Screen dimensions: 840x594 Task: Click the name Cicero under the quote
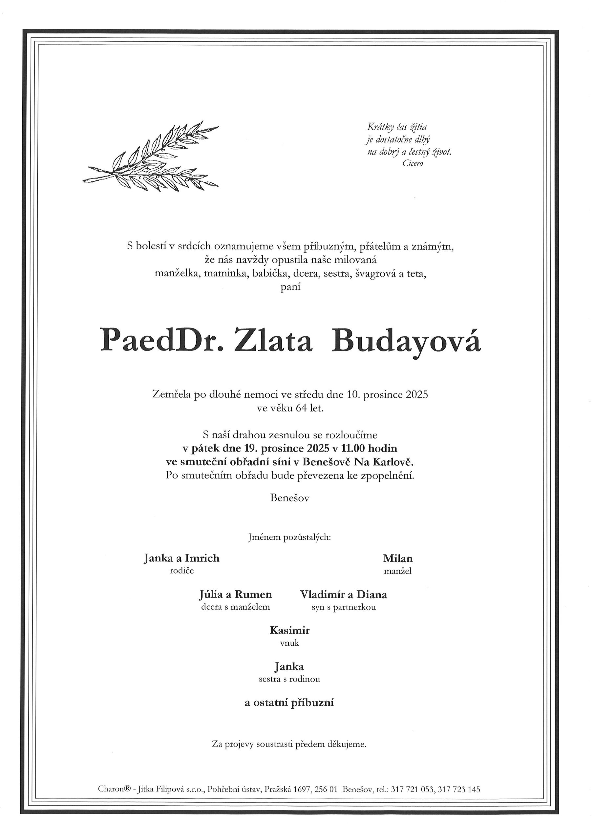click(x=413, y=163)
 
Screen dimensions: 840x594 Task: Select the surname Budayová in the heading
click(x=406, y=340)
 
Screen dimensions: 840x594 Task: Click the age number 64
click(x=301, y=408)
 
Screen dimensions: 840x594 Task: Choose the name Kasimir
click(x=289, y=630)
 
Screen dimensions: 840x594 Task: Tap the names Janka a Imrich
click(x=181, y=558)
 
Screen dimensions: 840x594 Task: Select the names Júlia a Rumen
click(x=235, y=594)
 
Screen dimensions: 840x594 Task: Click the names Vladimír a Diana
click(x=343, y=594)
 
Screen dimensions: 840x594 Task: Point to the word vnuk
click(x=289, y=643)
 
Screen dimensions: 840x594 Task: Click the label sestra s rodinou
click(x=289, y=679)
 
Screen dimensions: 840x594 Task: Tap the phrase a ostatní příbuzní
click(x=289, y=703)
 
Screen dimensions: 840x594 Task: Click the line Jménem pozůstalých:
click(x=289, y=537)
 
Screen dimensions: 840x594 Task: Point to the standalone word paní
click(x=290, y=287)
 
